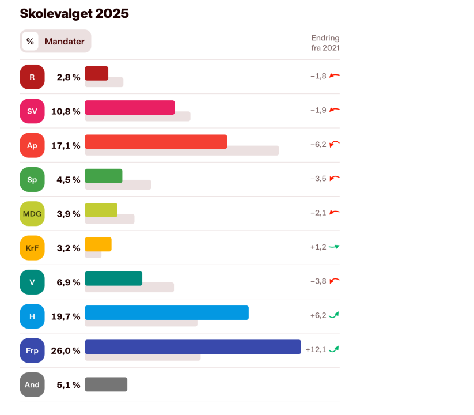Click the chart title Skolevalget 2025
point(74,14)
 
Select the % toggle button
point(30,41)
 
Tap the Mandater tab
point(65,41)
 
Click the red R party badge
point(32,77)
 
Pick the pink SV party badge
point(32,111)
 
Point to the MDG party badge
point(32,214)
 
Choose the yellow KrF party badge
point(32,248)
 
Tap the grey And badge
point(32,384)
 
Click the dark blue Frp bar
point(192,346)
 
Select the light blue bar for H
point(166,312)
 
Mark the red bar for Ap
point(156,141)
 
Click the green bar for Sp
point(104,176)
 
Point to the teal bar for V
point(113,278)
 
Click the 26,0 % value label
point(66,350)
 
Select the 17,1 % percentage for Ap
point(66,145)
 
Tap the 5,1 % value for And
point(68,384)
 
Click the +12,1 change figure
point(316,349)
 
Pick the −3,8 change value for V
point(318,281)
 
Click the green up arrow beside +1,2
point(334,247)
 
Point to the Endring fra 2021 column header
point(325,43)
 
